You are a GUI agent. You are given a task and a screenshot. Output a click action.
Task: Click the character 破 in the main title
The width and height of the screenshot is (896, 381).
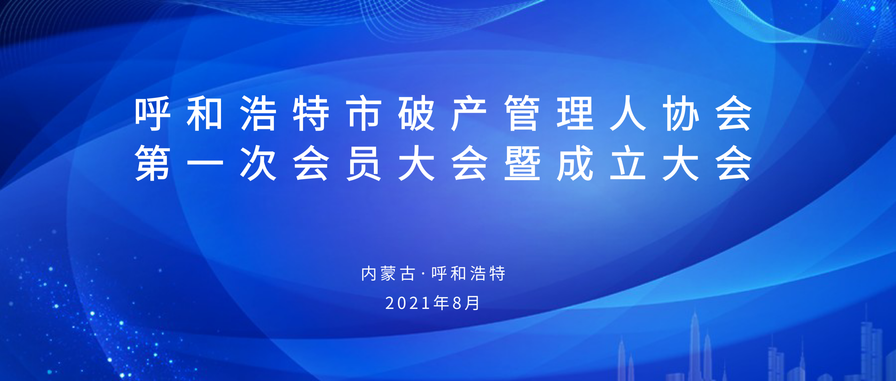pos(416,113)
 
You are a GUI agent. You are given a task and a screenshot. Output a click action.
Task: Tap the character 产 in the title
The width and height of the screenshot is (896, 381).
pos(469,113)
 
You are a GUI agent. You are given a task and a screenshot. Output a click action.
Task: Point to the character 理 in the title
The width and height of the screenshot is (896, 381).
pos(575,113)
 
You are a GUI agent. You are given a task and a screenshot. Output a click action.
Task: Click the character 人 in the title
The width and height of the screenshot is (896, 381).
pos(628,113)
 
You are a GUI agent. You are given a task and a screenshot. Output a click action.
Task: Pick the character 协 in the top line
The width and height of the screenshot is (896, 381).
pos(681,113)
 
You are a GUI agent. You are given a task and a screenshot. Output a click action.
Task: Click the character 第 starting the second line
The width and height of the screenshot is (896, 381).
pos(152,163)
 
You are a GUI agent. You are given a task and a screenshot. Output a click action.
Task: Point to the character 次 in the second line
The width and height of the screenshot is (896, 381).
pos(258,163)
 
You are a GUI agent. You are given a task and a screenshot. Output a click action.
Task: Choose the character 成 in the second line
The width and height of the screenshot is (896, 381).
pos(575,163)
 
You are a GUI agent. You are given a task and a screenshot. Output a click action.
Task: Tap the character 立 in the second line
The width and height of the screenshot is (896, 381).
pos(628,163)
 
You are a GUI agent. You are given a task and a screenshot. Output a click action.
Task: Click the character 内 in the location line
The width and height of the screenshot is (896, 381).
pos(369,273)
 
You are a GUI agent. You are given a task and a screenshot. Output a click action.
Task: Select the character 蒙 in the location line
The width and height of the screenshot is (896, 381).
pos(388,273)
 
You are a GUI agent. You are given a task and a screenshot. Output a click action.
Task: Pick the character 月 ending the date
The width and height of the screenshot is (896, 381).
pos(472,303)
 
